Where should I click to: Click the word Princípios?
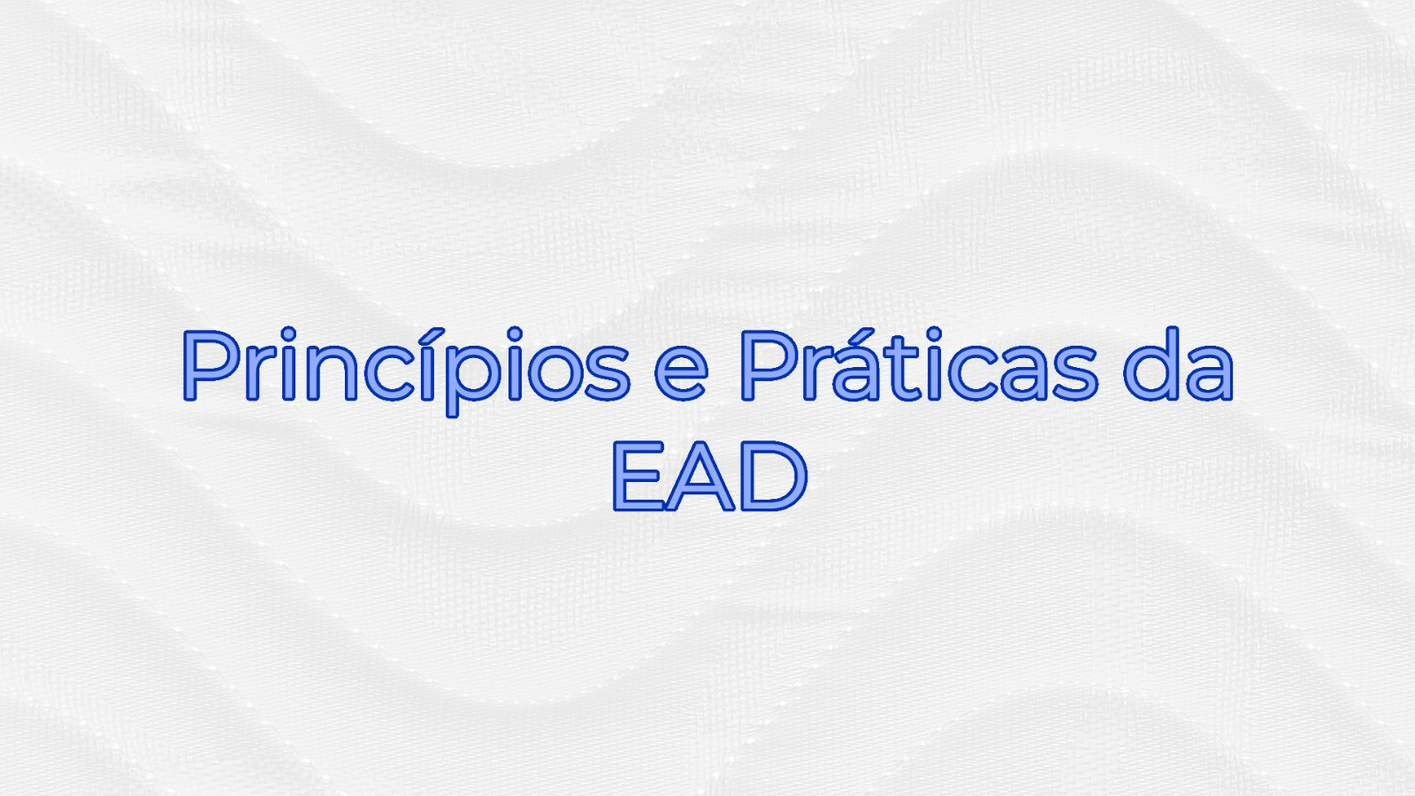pyautogui.click(x=406, y=371)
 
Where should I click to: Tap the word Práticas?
pyautogui.click(x=919, y=365)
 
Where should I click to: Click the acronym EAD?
pyautogui.click(x=709, y=476)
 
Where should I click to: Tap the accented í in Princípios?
pyautogui.click(x=427, y=365)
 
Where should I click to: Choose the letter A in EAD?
pyautogui.click(x=700, y=476)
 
